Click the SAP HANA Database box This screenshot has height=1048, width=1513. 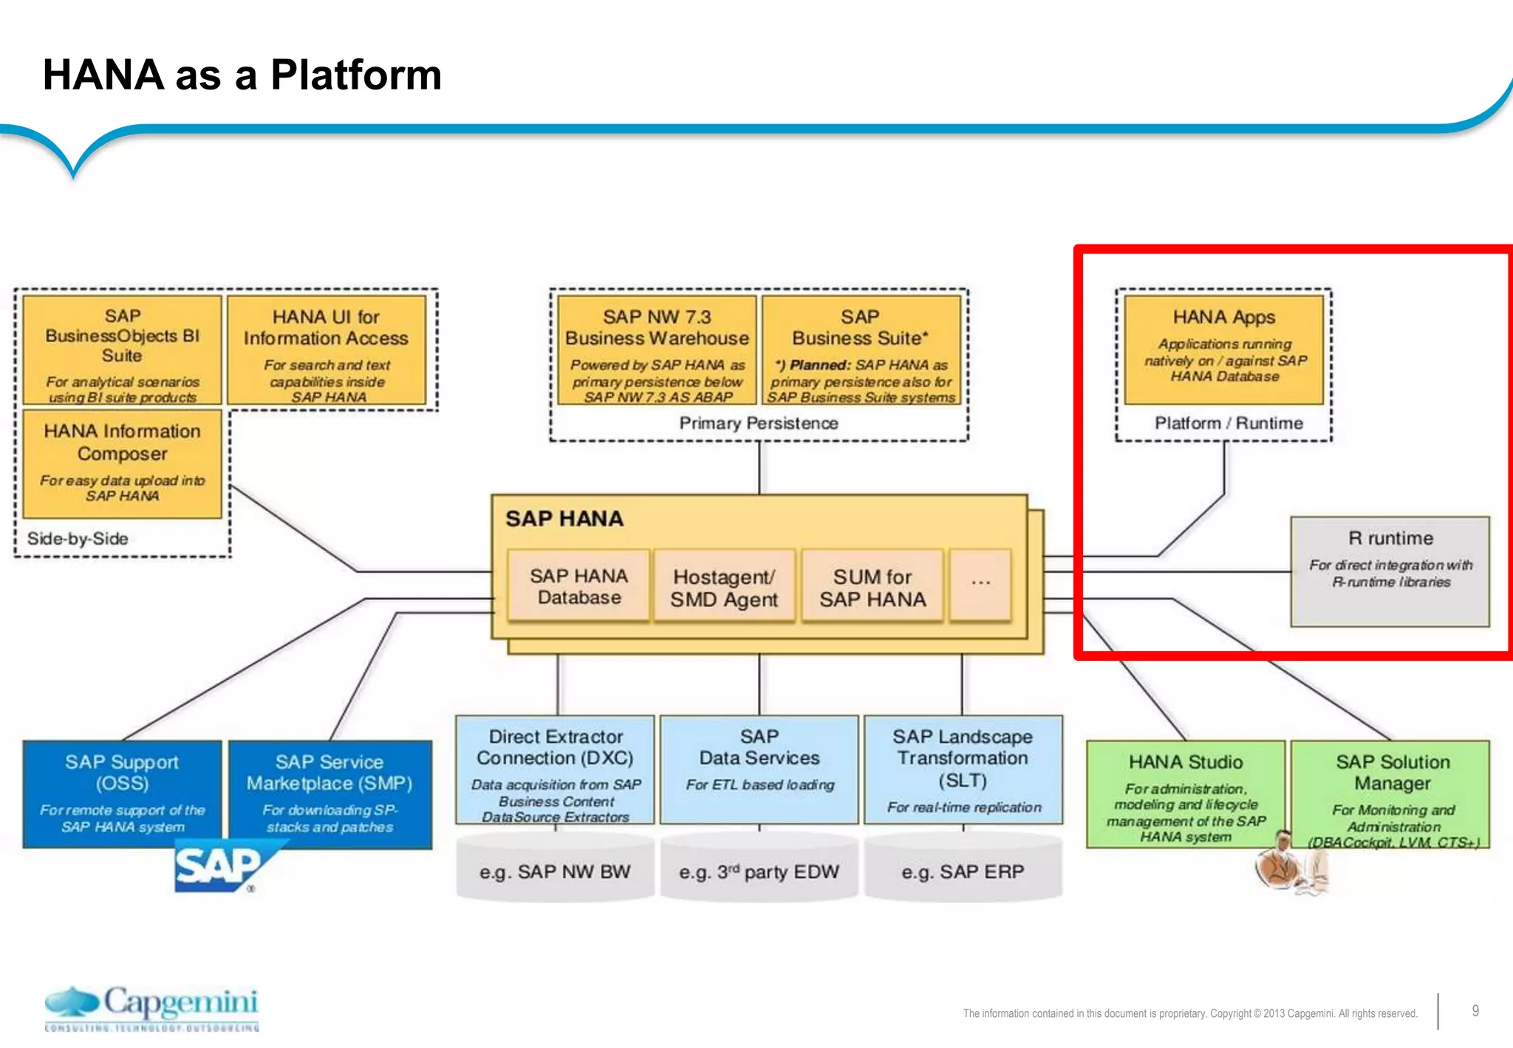pos(578,585)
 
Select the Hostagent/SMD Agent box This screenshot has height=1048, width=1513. pos(724,587)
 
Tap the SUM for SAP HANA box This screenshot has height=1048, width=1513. pos(872,587)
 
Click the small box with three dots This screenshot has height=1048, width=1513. pos(980,584)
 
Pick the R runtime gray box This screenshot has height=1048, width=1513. pos(1390,571)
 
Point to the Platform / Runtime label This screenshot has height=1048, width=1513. pos(1228,423)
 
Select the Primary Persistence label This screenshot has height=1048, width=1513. pos(759,423)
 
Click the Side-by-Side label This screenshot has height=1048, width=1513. pos(78,538)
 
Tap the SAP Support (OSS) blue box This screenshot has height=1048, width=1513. pos(122,794)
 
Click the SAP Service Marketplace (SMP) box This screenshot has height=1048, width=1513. pos(329,794)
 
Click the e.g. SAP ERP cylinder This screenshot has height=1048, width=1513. pos(963,871)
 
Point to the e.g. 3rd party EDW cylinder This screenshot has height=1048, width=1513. pos(759,871)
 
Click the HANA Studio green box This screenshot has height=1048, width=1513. pos(1185,794)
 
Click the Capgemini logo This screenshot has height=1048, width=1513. pos(152,1007)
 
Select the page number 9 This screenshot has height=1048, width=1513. pos(1475,1010)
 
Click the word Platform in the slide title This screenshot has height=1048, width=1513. pos(356,75)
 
